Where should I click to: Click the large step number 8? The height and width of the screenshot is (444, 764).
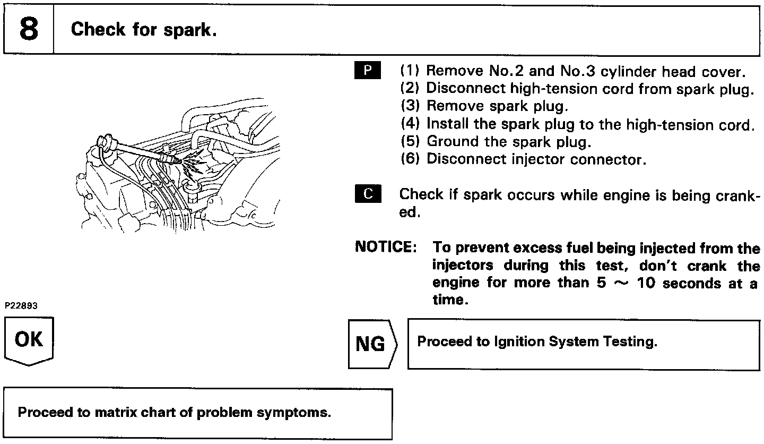click(29, 29)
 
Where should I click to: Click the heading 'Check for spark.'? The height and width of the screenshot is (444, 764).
click(143, 29)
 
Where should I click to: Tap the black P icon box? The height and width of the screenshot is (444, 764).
click(368, 70)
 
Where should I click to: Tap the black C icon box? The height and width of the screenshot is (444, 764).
click(368, 194)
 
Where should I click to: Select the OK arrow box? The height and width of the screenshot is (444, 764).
click(29, 340)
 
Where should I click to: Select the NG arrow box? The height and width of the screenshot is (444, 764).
click(371, 344)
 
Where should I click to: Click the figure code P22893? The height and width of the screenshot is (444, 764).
click(22, 306)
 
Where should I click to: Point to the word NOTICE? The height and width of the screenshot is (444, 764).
click(385, 247)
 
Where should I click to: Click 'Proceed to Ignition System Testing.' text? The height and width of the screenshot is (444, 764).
click(537, 341)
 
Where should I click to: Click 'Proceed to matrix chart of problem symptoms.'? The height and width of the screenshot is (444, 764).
click(175, 413)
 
